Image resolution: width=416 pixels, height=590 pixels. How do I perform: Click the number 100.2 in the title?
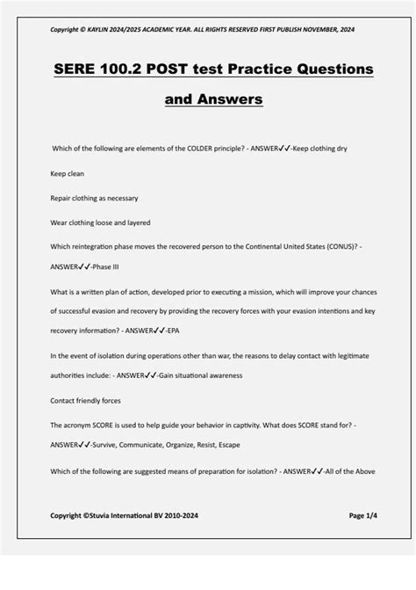(x=124, y=69)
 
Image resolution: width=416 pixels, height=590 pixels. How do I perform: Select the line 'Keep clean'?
(x=68, y=173)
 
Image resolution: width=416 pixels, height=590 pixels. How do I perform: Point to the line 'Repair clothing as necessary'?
(x=94, y=198)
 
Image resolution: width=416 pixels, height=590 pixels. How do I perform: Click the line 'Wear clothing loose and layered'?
(x=100, y=222)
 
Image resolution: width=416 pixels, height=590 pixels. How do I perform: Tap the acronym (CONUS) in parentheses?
(x=335, y=247)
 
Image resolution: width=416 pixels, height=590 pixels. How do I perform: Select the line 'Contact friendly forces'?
(x=86, y=400)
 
